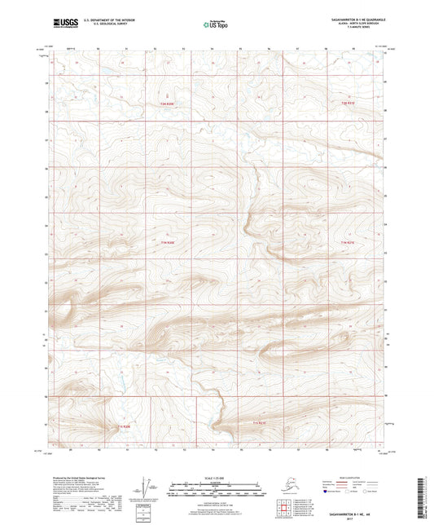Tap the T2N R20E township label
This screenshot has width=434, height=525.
coord(167,104)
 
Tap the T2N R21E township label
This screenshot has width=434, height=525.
coord(349,104)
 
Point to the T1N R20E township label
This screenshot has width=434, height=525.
coord(167,242)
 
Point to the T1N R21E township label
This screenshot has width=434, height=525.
coord(349,242)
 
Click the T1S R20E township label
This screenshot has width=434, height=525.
coord(122,426)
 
